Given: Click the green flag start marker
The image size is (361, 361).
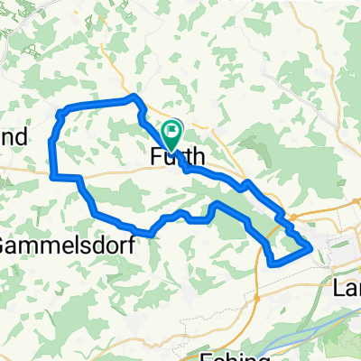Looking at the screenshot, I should tap(172, 132).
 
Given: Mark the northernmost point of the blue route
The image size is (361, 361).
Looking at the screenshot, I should tap(134, 96).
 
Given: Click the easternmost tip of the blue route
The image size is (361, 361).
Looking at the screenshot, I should tap(310, 245).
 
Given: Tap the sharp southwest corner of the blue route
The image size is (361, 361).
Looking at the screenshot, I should tap(51, 175).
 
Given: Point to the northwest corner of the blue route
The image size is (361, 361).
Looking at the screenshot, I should tap(60, 113).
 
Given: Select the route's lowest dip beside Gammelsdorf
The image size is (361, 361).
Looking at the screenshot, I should tap(152, 233).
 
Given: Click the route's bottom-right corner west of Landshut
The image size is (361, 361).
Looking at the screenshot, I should tap(273, 264).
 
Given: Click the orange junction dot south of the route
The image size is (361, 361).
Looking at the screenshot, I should tap(255, 295).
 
